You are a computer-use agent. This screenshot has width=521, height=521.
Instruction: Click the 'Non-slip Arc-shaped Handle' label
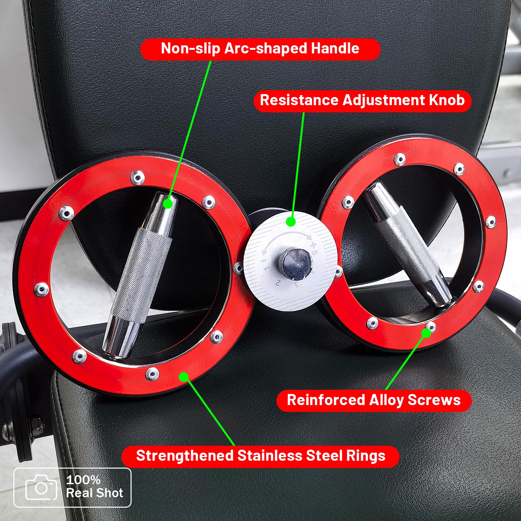click(260, 49)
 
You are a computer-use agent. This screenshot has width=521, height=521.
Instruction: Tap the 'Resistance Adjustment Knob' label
click(362, 101)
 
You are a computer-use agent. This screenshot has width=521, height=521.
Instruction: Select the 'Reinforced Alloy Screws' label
click(374, 400)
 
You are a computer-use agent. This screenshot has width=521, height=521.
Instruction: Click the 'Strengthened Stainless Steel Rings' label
click(260, 456)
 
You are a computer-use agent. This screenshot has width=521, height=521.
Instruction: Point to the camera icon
click(41, 487)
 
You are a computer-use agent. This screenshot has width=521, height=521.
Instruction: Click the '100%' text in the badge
click(83, 480)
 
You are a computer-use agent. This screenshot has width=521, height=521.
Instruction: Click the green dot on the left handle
click(167, 204)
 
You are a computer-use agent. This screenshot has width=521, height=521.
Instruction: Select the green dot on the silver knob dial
click(291, 222)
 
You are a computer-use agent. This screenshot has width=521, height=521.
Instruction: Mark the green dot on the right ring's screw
click(426, 333)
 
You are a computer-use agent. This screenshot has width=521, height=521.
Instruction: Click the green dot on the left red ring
click(184, 377)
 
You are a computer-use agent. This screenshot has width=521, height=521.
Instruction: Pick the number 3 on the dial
click(297, 284)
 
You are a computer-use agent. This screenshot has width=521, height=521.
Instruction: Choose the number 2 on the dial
click(278, 283)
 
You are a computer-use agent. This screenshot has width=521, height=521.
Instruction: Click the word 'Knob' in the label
click(447, 100)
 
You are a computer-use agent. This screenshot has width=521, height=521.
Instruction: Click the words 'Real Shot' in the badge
click(95, 493)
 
